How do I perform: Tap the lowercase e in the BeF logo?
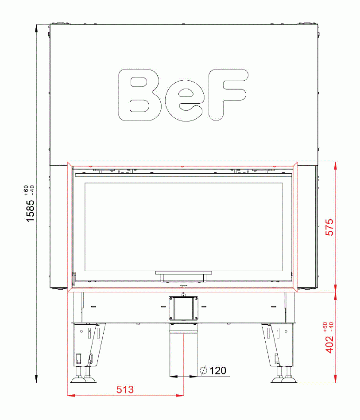(x=185, y=97)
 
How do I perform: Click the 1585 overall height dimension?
(x=29, y=211)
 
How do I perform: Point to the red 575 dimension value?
(x=329, y=227)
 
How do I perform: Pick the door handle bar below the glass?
(x=183, y=273)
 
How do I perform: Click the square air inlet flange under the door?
(x=183, y=308)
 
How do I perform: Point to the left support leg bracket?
(x=89, y=343)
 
